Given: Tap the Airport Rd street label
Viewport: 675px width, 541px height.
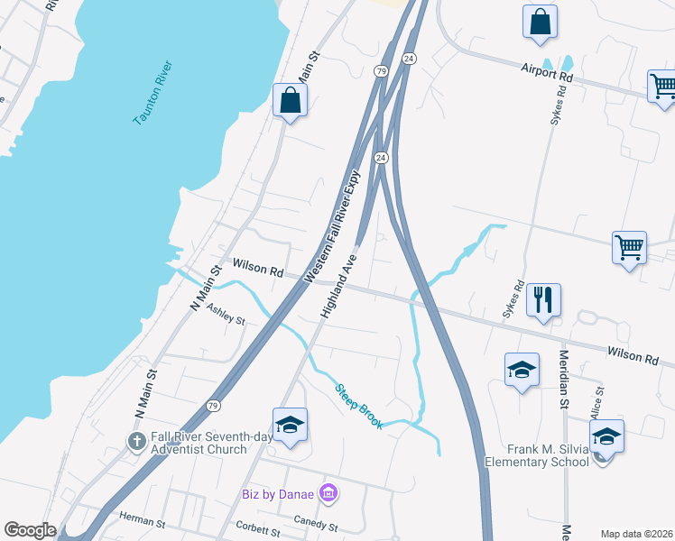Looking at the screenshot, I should [548, 72].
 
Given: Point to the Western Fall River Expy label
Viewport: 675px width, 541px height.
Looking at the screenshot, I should [333, 226].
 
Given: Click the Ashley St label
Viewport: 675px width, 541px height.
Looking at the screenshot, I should [226, 314].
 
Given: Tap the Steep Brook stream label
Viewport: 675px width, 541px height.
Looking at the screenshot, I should [358, 407].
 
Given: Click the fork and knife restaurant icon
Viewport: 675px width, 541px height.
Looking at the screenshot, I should [543, 299].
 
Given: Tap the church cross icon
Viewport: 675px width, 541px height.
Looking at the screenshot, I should [135, 442].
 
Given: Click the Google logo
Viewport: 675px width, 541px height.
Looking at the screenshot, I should [30, 530].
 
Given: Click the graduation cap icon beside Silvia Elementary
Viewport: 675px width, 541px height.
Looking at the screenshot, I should [606, 436].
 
